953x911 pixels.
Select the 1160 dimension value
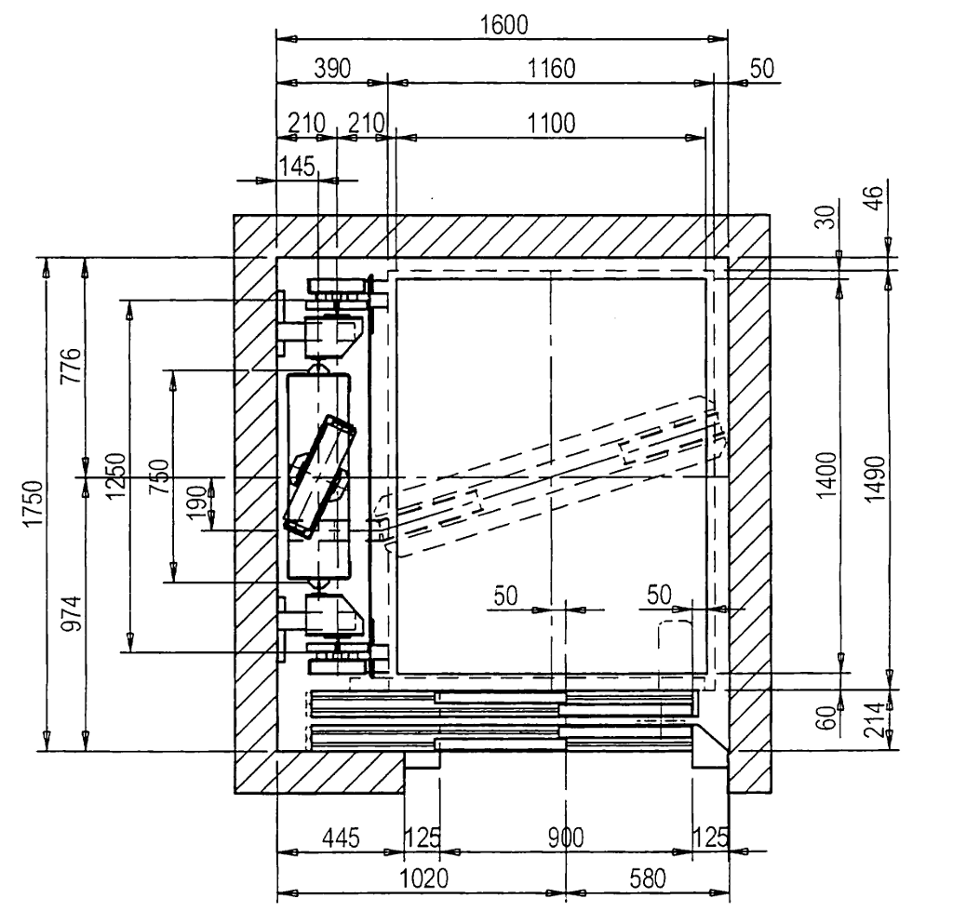point(548,69)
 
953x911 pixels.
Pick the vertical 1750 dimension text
point(34,503)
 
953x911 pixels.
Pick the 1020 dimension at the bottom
point(424,879)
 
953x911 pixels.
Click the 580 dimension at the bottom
point(647,879)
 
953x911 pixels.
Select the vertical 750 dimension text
point(158,476)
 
